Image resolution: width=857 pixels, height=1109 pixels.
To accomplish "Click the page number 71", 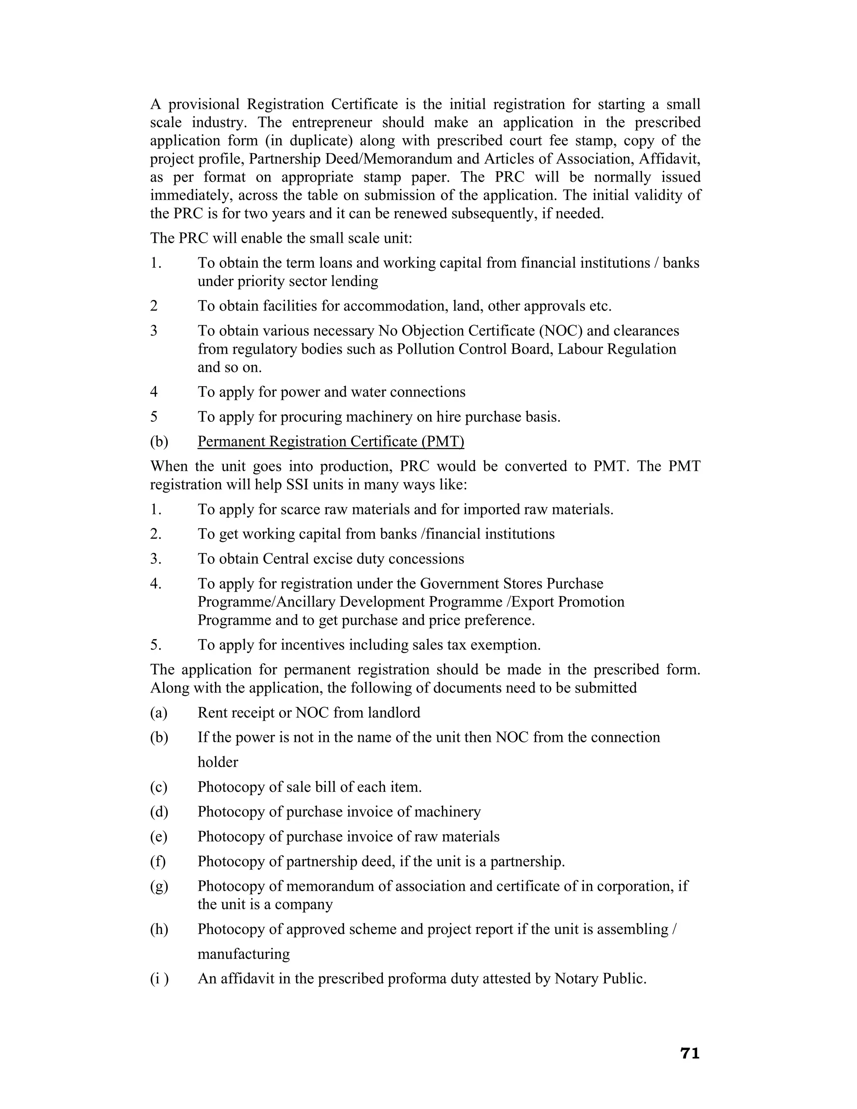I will pos(690,1054).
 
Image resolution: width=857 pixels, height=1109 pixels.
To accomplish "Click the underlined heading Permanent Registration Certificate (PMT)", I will pos(331,441).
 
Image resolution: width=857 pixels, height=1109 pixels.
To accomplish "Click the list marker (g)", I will pos(159,886).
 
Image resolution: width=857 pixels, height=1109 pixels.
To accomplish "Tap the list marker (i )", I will pos(159,978).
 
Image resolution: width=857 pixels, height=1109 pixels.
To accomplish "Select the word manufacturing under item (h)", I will pos(243,954).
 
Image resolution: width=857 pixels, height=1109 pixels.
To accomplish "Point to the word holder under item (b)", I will pos(217,762).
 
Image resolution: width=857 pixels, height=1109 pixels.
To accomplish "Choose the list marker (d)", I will pos(159,811).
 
